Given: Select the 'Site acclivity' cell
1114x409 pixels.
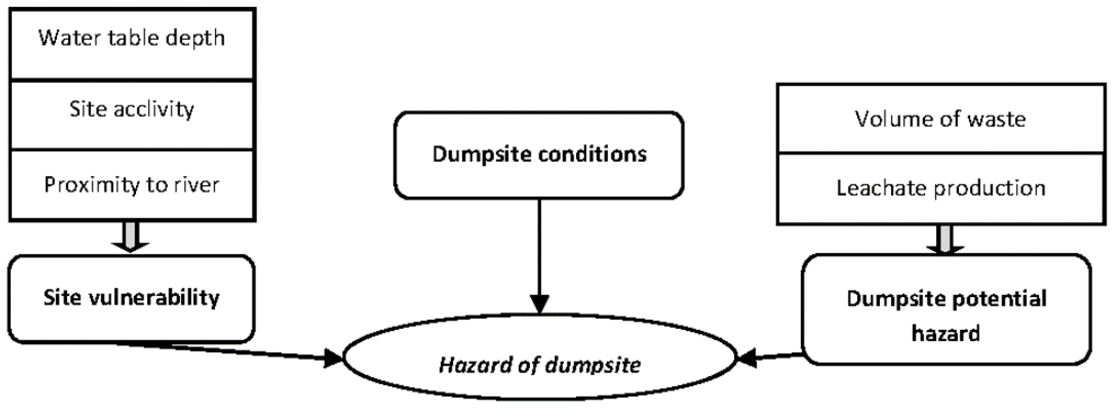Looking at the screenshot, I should coord(132,114).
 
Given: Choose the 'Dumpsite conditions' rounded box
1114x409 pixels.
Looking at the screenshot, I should coord(539,155).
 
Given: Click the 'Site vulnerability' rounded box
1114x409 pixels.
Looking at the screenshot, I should coord(131,298).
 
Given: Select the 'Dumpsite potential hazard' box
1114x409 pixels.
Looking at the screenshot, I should coord(946,310).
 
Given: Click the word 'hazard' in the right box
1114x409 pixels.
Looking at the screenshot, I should coord(946,334).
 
